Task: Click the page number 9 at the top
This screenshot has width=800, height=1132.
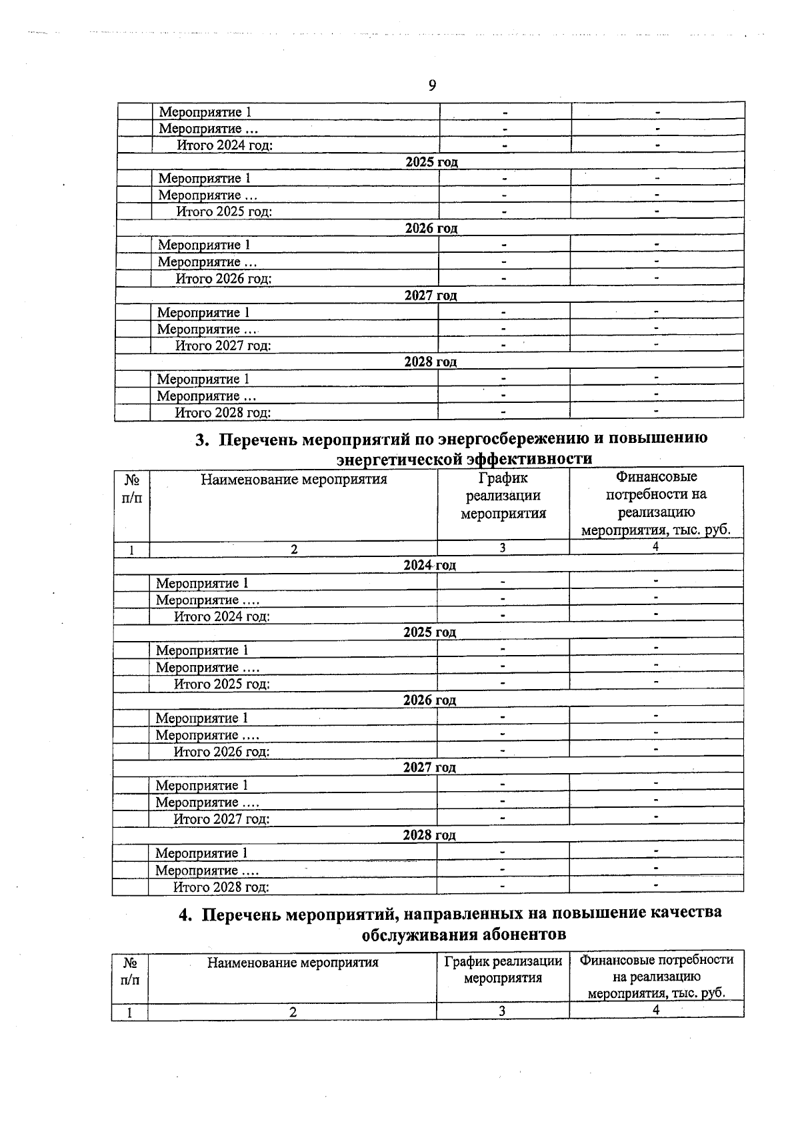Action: click(432, 85)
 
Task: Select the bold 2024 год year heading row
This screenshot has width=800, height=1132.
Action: click(429, 565)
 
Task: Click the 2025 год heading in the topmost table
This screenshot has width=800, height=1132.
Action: click(431, 162)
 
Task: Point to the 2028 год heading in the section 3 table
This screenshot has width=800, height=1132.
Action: click(429, 835)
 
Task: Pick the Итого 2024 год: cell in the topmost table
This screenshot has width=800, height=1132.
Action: click(224, 145)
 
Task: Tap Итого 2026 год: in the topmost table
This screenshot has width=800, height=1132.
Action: click(223, 279)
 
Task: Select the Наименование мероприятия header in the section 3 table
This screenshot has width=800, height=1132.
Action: click(293, 479)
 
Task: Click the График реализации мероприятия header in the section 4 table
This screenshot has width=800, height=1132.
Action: click(503, 970)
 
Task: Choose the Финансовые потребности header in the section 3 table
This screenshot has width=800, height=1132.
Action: click(656, 504)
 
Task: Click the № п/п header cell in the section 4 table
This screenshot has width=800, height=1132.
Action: click(130, 971)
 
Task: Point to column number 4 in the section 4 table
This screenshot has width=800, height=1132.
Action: click(656, 1010)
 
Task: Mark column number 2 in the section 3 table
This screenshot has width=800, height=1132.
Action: click(293, 549)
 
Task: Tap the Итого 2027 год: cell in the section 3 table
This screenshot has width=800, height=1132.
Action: click(221, 819)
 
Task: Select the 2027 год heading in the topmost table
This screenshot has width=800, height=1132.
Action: click(430, 296)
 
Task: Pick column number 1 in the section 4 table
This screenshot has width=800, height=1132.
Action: click(129, 1012)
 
